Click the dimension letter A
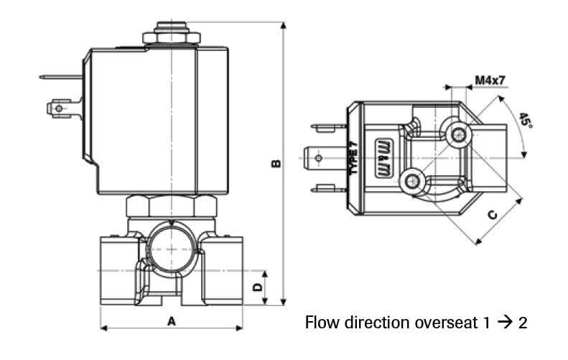pos(172,321)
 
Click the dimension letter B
pos(276,164)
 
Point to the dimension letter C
pos(493,215)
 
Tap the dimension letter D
pos(256,287)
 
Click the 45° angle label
pos(526,120)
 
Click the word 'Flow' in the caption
pos(321,322)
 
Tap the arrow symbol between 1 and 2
pos(504,322)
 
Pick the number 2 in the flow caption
pos(523,322)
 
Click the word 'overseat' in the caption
pos(449,322)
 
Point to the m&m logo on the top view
pos(382,157)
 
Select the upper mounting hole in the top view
pos(457,133)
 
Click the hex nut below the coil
pos(172,206)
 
